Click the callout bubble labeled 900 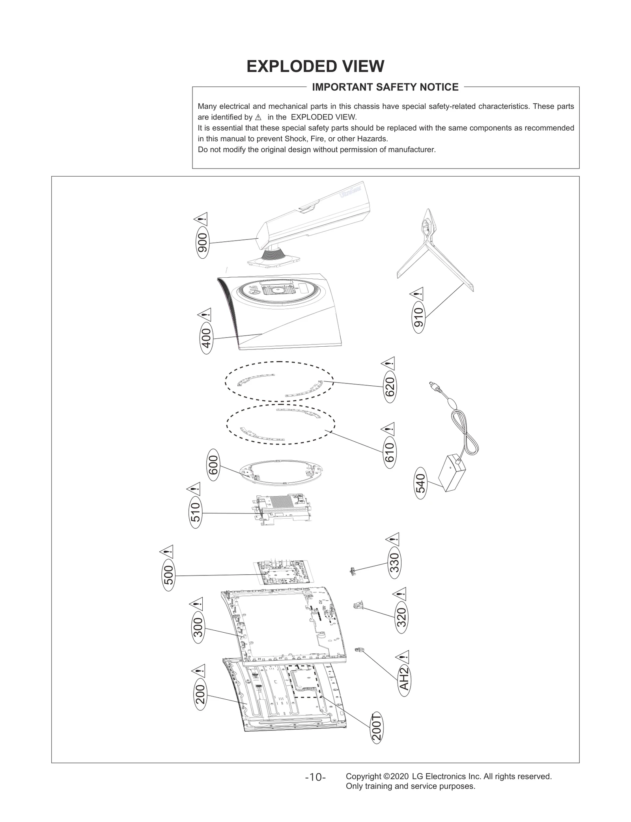[x=202, y=242]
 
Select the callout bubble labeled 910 [x=418, y=318]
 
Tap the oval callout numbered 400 [x=206, y=338]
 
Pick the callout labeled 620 [x=389, y=387]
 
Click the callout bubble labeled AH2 [x=404, y=679]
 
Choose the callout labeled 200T [x=377, y=728]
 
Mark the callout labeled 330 [x=394, y=562]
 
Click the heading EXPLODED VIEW [x=315, y=66]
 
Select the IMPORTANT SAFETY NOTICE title [x=385, y=87]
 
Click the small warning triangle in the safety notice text [x=258, y=118]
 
